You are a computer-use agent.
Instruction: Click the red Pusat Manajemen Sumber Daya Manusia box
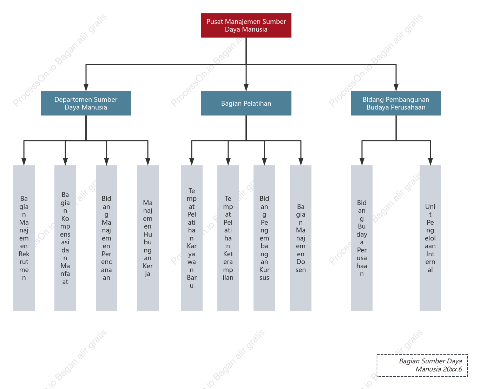point(246,25)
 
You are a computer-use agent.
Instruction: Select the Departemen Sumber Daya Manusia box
point(86,103)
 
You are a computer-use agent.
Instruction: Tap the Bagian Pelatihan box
point(246,103)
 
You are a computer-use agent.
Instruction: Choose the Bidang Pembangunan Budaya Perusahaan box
point(396,103)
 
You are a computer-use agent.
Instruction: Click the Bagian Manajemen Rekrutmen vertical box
point(24,238)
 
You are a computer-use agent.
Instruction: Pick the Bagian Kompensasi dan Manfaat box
point(65,238)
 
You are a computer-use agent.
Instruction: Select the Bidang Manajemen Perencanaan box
point(106,238)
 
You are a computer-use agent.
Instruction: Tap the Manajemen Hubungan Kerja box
point(147,238)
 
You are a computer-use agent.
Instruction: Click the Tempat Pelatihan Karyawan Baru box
point(192,238)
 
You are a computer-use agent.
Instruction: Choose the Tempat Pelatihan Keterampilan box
point(228,238)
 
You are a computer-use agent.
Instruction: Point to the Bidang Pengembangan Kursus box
point(264,238)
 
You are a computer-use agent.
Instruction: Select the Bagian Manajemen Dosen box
point(301,238)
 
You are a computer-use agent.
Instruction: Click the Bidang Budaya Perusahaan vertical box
point(362,238)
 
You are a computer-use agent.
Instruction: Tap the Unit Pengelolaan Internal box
point(430,238)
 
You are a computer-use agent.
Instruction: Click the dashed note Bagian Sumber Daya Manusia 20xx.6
point(422,365)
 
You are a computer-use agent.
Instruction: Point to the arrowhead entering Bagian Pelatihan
point(246,88)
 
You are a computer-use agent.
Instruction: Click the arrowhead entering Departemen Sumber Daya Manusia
point(86,88)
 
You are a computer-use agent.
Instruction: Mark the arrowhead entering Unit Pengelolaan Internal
point(430,162)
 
